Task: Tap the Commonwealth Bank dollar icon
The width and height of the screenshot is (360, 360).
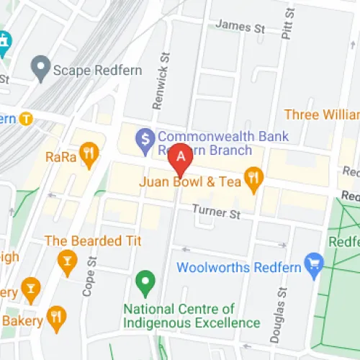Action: pos(146,136)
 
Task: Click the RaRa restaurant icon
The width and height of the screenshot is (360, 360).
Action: pos(89,153)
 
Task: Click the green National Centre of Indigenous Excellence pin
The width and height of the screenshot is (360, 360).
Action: pos(145,281)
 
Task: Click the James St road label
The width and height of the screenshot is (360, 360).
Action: pos(240,27)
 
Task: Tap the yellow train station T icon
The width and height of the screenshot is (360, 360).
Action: pos(26,119)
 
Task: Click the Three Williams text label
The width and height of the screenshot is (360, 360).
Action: pos(321,114)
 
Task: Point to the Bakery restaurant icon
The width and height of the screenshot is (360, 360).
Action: pos(56,315)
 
